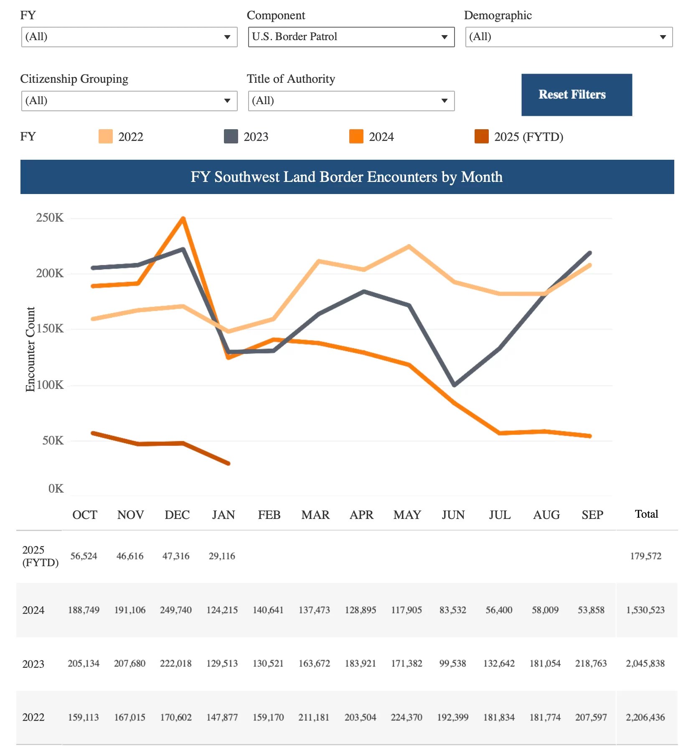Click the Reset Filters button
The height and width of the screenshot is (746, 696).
click(x=576, y=95)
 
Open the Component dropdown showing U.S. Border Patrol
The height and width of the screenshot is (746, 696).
click(x=351, y=37)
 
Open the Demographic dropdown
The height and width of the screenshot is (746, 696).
click(x=568, y=37)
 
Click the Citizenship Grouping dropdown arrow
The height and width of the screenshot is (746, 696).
click(x=227, y=101)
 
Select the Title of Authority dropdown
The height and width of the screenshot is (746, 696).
click(x=351, y=101)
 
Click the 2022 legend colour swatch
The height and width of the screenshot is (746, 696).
click(x=105, y=137)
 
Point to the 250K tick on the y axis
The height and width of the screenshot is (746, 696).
click(x=50, y=218)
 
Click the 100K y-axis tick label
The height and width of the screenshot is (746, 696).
click(x=50, y=385)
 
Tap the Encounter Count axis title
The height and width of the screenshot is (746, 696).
click(x=30, y=349)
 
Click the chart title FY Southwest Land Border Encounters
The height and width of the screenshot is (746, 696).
click(x=347, y=177)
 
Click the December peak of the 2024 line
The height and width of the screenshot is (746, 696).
click(x=183, y=219)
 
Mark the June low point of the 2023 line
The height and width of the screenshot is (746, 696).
click(x=454, y=385)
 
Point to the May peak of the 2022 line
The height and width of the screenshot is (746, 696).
click(x=409, y=246)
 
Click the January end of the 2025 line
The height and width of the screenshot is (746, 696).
click(x=228, y=463)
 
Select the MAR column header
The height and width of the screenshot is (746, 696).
click(x=315, y=515)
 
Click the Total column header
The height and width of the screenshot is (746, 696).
click(x=646, y=514)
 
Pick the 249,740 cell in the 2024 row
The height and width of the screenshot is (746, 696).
click(x=176, y=610)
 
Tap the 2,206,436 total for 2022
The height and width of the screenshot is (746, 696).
click(x=645, y=718)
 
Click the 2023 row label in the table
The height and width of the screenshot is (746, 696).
click(x=33, y=664)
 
